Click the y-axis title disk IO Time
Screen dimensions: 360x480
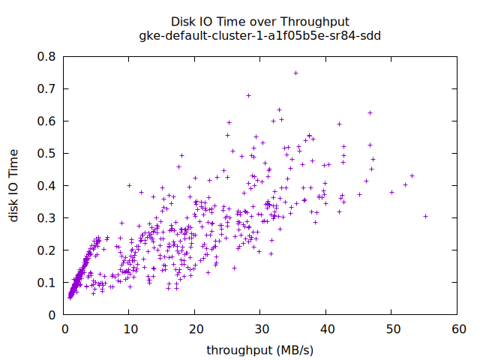pyautogui.click(x=14, y=185)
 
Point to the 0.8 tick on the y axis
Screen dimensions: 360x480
pyautogui.click(x=47, y=56)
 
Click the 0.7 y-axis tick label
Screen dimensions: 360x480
pyautogui.click(x=47, y=88)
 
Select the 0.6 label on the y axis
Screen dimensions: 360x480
pyautogui.click(x=47, y=121)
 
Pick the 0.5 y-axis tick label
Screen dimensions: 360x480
pyautogui.click(x=47, y=153)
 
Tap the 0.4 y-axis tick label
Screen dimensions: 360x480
pyautogui.click(x=47, y=185)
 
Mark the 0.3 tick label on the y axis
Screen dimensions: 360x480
pyautogui.click(x=47, y=218)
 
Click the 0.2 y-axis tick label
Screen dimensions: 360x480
pyautogui.click(x=47, y=250)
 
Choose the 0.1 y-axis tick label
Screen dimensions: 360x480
pyautogui.click(x=47, y=283)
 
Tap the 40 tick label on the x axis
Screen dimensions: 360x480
pyautogui.click(x=325, y=329)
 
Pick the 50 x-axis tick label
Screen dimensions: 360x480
pyautogui.click(x=391, y=329)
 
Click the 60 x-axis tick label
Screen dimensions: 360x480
pyautogui.click(x=457, y=329)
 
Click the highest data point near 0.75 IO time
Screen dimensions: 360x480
pyautogui.click(x=295, y=73)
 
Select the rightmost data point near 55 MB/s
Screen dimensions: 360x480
pyautogui.click(x=425, y=216)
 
